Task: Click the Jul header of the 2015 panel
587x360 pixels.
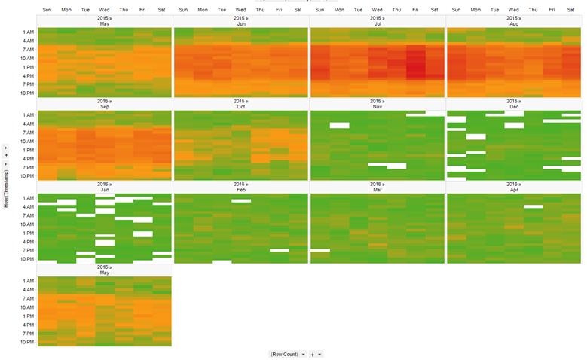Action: click(x=377, y=24)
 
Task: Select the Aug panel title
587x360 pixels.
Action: click(x=513, y=24)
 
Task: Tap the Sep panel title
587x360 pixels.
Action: click(x=104, y=107)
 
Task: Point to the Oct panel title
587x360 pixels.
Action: click(x=240, y=107)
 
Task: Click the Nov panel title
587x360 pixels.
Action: click(x=377, y=107)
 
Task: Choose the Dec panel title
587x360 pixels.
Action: click(x=513, y=107)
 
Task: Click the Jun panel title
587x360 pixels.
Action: click(x=240, y=24)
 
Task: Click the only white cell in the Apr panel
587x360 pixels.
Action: click(x=533, y=206)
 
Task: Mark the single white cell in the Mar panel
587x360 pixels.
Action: click(x=319, y=249)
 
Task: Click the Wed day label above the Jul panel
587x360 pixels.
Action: click(x=377, y=10)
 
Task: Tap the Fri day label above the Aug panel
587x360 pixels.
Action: click(x=552, y=10)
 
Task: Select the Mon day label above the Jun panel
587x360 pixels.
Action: click(x=203, y=10)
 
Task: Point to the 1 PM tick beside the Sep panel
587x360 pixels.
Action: click(x=27, y=150)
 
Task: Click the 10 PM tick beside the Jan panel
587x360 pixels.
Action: click(x=26, y=258)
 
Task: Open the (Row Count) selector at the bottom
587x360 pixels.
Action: click(x=286, y=354)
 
